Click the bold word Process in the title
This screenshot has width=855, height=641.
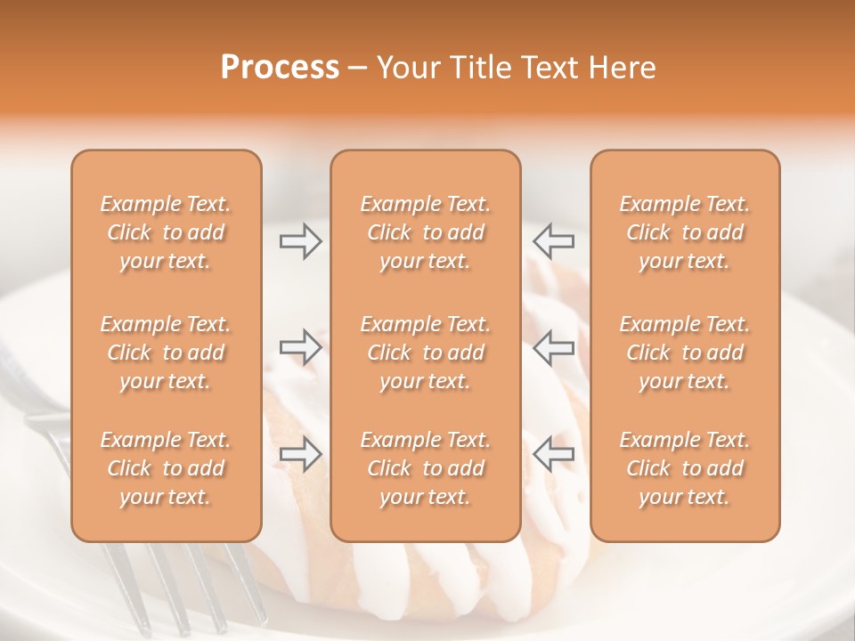(x=280, y=68)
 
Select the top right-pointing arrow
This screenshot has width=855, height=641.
(x=300, y=241)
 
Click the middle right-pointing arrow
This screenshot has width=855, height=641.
(x=300, y=347)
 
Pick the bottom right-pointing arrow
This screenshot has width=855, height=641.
(x=300, y=454)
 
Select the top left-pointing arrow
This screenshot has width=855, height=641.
(x=554, y=241)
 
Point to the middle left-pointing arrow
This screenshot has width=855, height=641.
(x=554, y=347)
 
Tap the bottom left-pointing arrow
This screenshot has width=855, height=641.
(x=554, y=454)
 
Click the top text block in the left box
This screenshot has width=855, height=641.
(x=166, y=232)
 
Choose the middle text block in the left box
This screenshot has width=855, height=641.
(x=166, y=353)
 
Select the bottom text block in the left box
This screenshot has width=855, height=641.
(x=166, y=468)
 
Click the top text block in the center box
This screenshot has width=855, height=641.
(x=425, y=232)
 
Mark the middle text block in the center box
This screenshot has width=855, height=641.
(x=425, y=353)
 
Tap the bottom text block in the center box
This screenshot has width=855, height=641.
(x=425, y=468)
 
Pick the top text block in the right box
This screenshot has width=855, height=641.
(x=684, y=232)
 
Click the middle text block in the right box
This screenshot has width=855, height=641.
(x=684, y=353)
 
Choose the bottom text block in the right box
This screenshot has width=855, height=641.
(x=684, y=468)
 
